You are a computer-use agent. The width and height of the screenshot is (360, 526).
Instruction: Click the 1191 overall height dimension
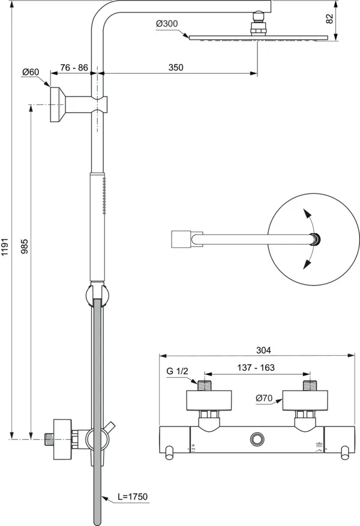click(x=5, y=245)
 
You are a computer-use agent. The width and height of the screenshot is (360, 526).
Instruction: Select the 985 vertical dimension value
click(x=25, y=245)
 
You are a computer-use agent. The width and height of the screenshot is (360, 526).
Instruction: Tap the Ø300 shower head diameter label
click(x=166, y=23)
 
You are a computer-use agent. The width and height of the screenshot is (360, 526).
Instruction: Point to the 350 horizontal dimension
click(x=175, y=68)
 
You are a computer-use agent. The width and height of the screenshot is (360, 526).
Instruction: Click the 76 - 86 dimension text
click(x=73, y=68)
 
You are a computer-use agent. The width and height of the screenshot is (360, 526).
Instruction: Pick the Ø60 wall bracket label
click(x=30, y=72)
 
